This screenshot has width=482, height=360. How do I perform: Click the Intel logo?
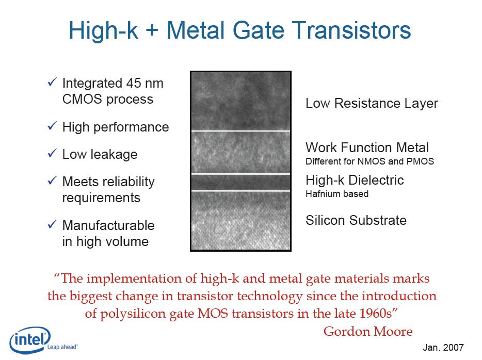[x=30, y=340]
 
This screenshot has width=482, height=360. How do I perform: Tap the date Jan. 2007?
[x=443, y=348]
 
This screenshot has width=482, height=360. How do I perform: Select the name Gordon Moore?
[x=368, y=332]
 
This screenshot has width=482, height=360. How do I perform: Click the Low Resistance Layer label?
[x=372, y=104]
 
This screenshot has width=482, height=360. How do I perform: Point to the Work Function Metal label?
[x=367, y=148]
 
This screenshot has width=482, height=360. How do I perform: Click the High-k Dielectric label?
[x=355, y=180]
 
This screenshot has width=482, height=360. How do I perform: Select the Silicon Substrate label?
[x=356, y=220]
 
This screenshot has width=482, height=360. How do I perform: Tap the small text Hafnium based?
[x=337, y=194]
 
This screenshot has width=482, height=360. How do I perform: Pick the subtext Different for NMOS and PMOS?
[x=369, y=161]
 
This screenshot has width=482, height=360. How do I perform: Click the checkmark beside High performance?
[x=52, y=126]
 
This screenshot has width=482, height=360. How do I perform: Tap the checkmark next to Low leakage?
[x=52, y=153]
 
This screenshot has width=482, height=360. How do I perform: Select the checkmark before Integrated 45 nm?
[x=52, y=81]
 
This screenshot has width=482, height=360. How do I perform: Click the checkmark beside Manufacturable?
[x=52, y=224]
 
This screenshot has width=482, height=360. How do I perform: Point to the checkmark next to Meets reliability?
[x=52, y=181]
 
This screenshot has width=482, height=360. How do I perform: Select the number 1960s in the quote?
[x=376, y=314]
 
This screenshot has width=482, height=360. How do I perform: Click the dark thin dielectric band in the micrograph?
[x=240, y=183]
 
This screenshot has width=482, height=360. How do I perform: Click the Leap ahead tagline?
[x=62, y=347]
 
